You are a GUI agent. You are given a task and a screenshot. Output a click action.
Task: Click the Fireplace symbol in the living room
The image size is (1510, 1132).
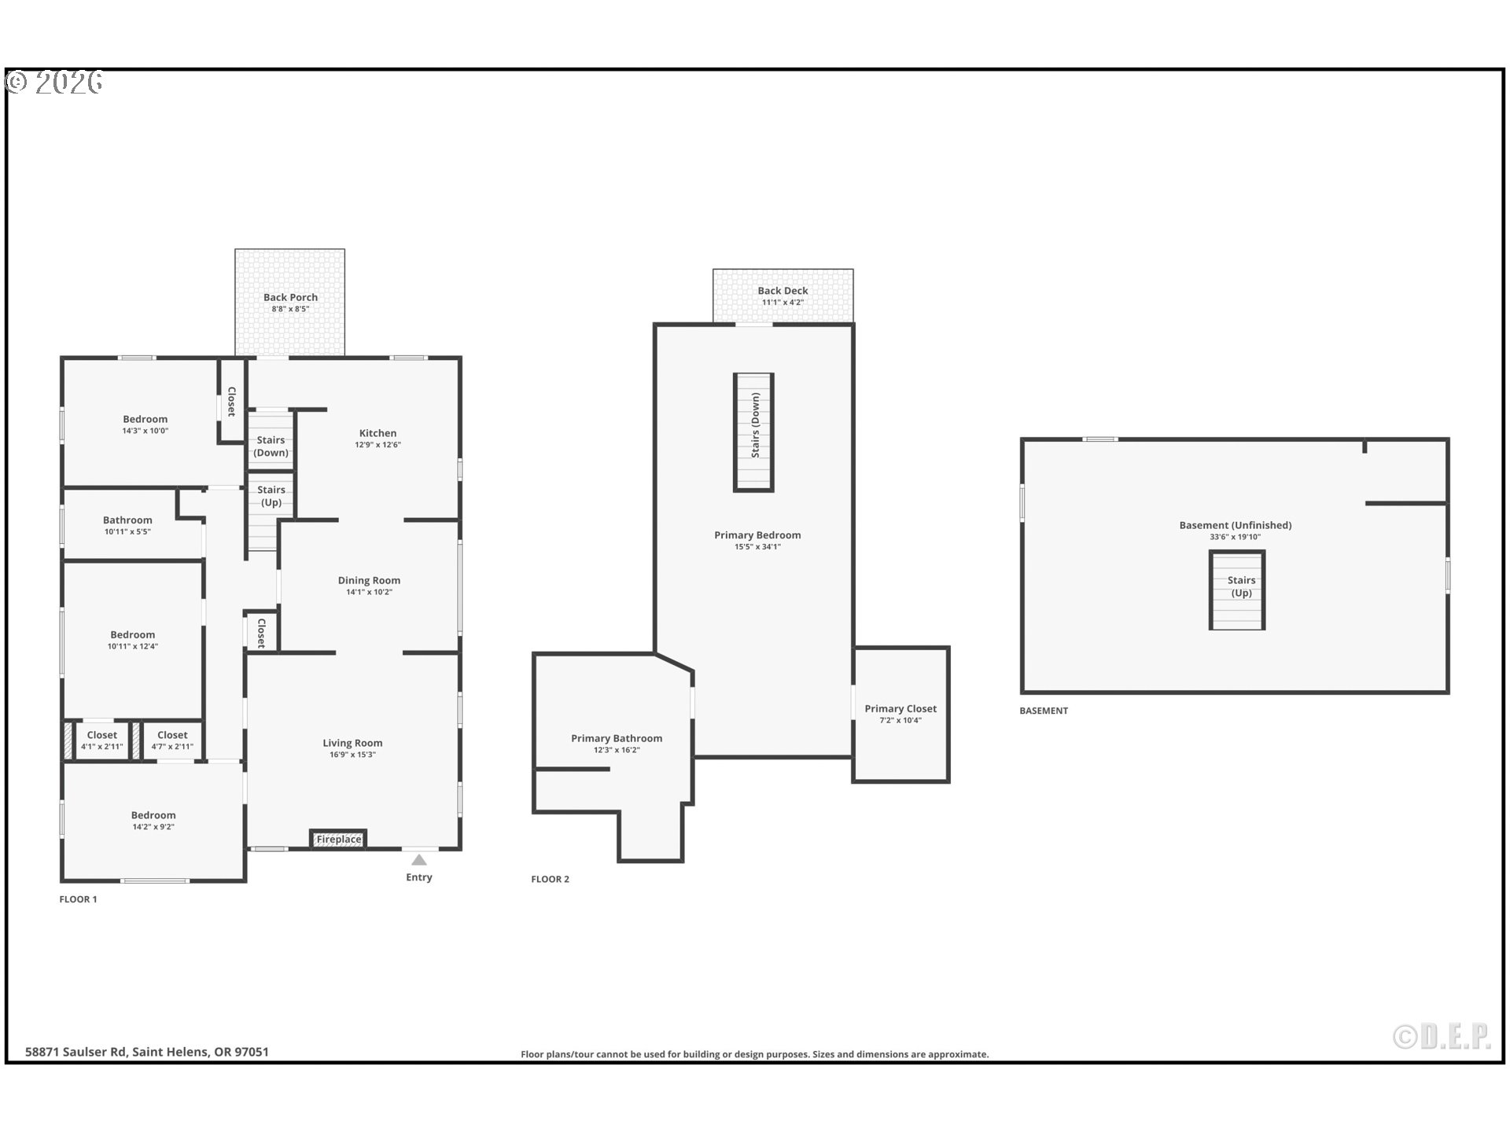(338, 839)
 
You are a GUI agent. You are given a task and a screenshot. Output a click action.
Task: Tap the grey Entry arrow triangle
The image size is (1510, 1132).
(419, 860)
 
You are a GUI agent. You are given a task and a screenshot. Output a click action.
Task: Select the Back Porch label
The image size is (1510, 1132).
(290, 297)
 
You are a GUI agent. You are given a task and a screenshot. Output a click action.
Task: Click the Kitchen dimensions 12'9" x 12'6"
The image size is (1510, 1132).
(377, 445)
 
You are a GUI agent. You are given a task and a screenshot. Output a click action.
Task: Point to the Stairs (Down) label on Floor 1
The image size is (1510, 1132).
(271, 447)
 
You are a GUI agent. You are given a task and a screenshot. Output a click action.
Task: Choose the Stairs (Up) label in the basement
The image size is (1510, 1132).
(1241, 586)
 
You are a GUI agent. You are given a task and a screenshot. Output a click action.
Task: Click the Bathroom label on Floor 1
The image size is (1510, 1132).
(127, 520)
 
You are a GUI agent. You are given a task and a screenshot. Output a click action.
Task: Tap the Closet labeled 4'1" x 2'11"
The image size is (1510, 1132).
(101, 741)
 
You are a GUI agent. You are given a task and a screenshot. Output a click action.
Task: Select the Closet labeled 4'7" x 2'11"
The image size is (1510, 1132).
(172, 741)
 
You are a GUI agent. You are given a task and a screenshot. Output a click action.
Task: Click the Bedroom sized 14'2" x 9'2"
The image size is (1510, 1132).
(153, 821)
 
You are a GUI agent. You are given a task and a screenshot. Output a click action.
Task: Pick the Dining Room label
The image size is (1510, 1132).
(369, 580)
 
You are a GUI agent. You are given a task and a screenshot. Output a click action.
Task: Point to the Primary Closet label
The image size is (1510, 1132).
(900, 708)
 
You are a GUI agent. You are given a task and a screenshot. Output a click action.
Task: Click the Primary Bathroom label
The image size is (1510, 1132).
(617, 738)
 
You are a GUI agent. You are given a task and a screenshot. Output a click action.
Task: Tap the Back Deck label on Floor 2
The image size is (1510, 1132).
(783, 291)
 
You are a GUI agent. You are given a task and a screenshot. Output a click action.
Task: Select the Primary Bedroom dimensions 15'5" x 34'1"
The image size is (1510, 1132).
(757, 547)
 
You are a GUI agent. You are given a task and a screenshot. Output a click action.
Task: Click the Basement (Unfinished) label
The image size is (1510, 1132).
(1235, 525)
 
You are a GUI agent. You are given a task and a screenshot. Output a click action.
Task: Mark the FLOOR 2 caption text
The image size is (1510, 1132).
(550, 879)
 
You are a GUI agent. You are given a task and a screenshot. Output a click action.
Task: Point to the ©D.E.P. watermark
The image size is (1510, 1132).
(1442, 1037)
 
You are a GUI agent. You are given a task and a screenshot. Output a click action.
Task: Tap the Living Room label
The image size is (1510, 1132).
(352, 743)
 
